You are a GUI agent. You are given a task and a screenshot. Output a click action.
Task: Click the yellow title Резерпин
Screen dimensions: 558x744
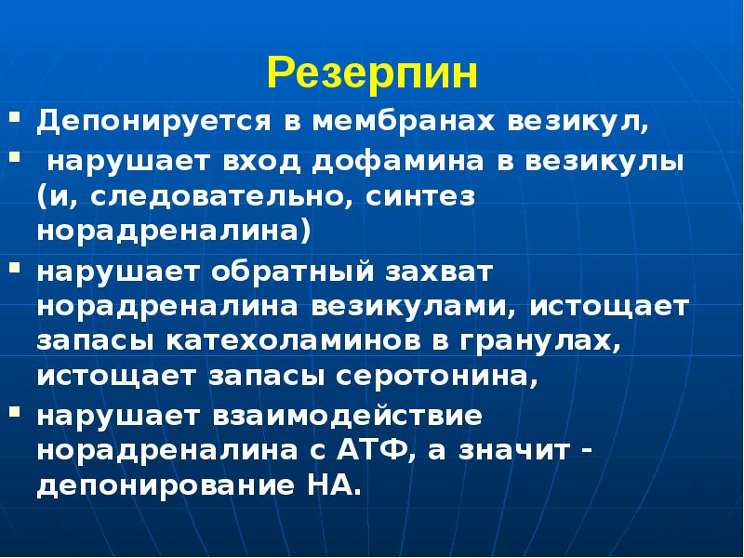point(372,73)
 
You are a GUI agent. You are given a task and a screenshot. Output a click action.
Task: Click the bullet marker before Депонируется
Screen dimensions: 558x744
point(17,119)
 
